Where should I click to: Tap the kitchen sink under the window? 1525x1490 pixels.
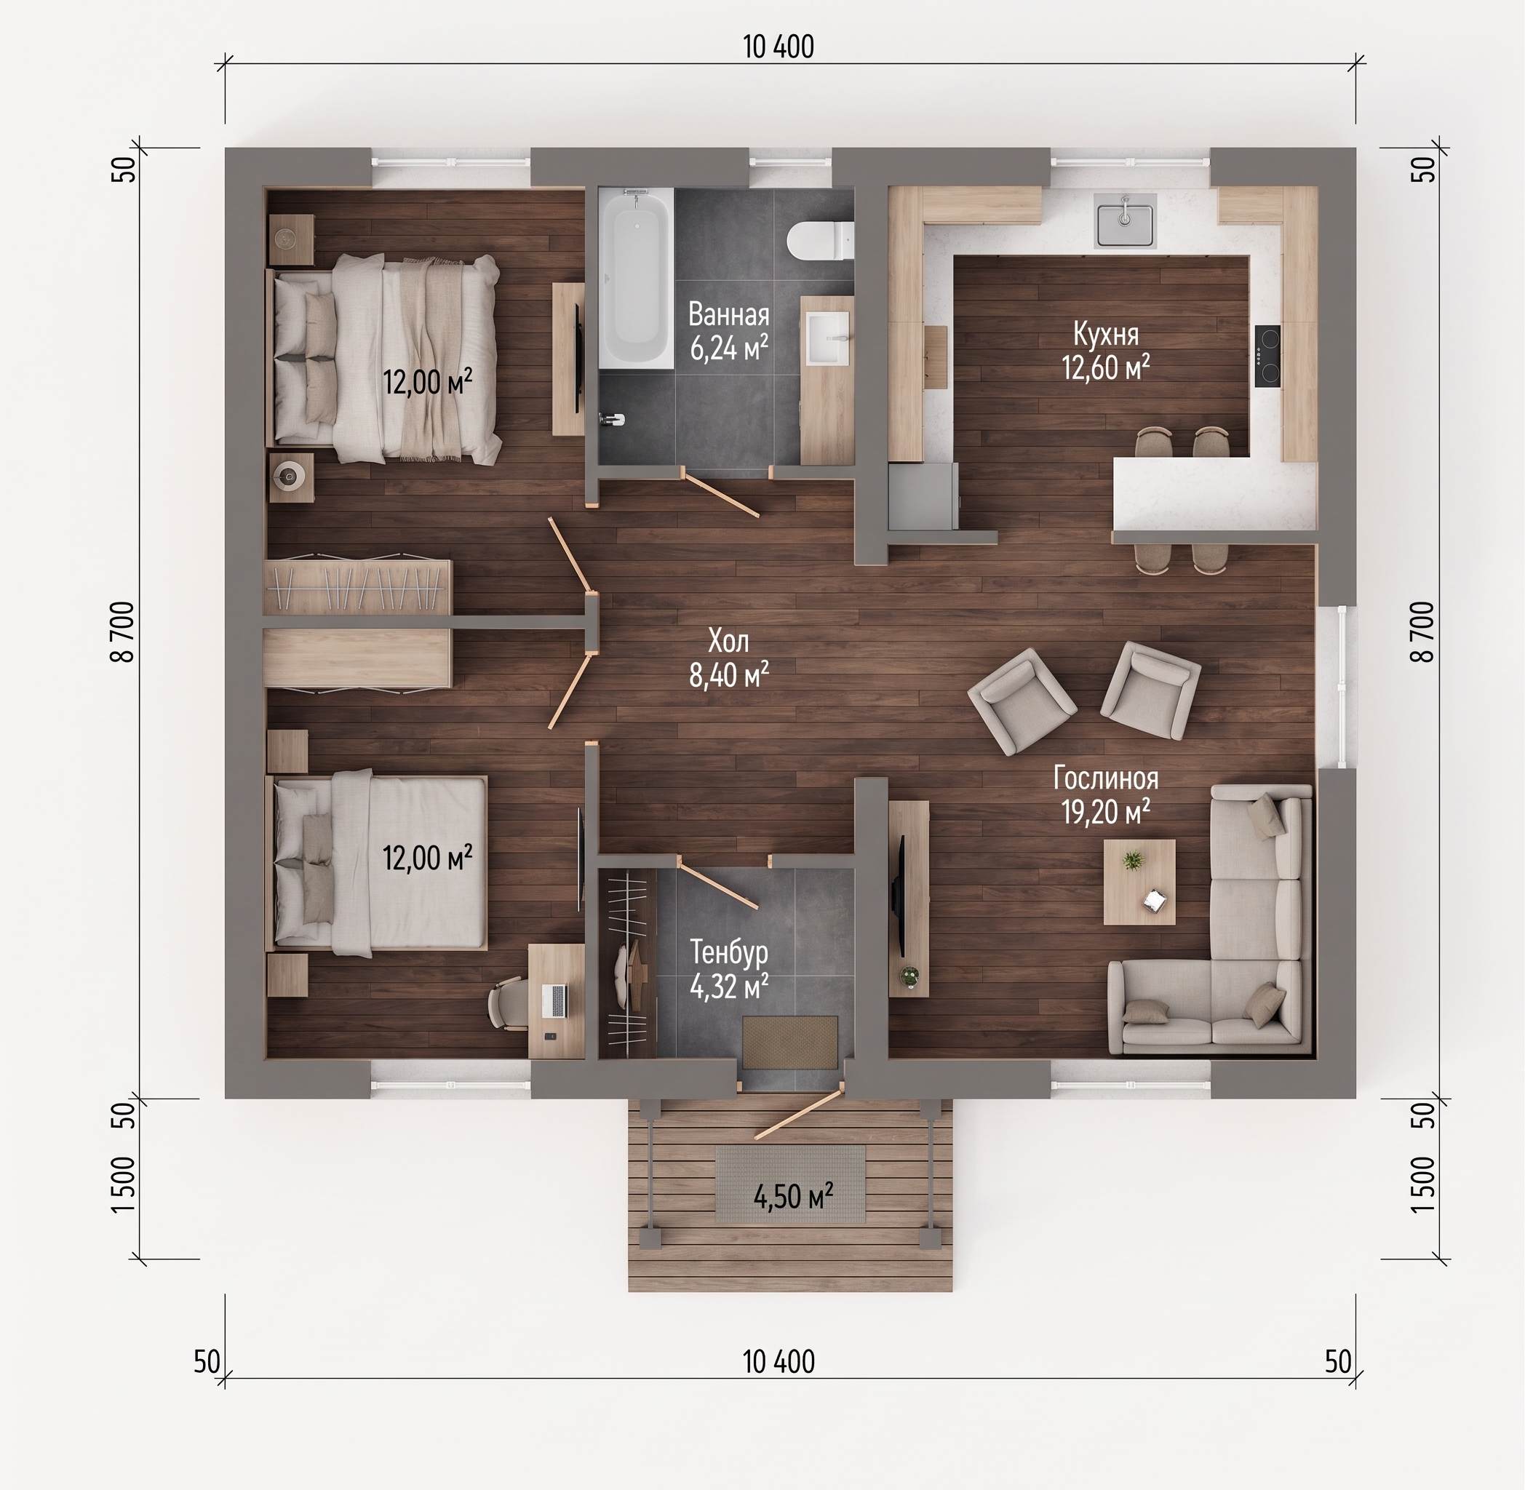[x=1125, y=220]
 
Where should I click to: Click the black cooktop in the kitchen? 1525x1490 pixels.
[x=1267, y=356]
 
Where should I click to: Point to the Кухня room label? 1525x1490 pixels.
[x=1106, y=334]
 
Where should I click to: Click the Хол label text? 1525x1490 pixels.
[x=728, y=642]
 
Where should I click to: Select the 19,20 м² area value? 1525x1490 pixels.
[x=1106, y=813]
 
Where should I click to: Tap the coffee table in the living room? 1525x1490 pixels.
[x=1139, y=883]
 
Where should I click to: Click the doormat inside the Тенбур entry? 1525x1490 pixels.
[x=790, y=1042]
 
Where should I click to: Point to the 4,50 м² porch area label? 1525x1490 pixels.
[x=792, y=1196]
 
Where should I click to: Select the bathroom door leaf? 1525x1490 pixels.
[x=720, y=493]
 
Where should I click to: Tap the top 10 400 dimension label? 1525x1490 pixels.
[x=779, y=47]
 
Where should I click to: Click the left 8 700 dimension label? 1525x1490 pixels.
[x=124, y=632]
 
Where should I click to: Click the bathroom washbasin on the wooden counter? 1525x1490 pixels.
[x=828, y=338]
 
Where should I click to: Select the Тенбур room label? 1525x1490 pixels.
[x=728, y=953]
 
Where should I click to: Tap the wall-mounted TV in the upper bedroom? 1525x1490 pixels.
[x=578, y=358]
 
